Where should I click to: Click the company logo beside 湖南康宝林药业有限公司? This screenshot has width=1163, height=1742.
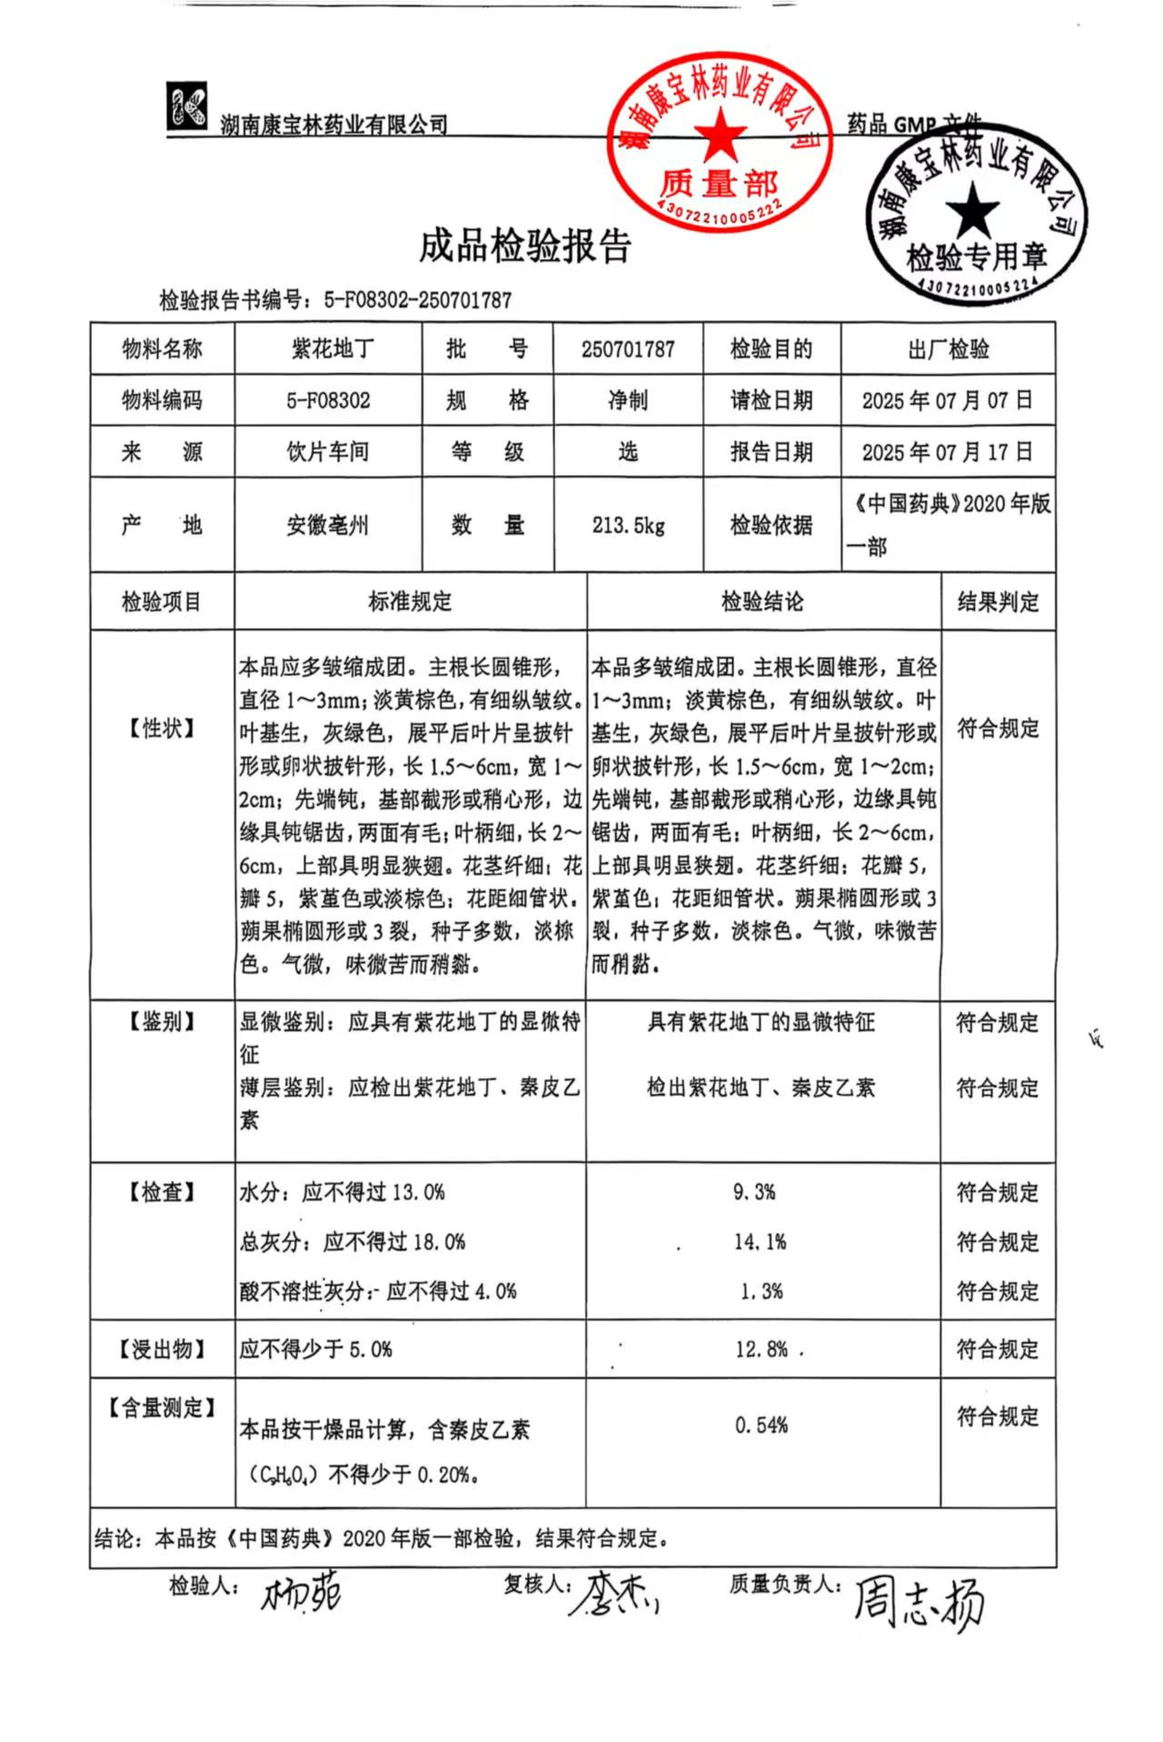[x=187, y=106]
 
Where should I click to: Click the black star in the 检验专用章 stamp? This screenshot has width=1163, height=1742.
[x=971, y=208]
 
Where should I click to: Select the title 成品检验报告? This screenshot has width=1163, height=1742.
[x=524, y=246]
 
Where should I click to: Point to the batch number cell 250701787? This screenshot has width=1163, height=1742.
[x=628, y=349]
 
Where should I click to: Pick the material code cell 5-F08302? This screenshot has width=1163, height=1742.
[x=328, y=401]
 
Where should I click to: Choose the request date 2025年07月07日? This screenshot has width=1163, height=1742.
[x=947, y=401]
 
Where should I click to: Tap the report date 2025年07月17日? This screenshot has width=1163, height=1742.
[x=947, y=452]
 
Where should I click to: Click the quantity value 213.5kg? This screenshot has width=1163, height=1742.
[x=628, y=525]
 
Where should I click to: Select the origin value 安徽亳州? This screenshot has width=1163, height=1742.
[x=328, y=525]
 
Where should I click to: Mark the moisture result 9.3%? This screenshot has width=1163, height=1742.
[x=754, y=1192]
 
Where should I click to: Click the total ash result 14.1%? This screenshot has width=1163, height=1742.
[x=760, y=1241]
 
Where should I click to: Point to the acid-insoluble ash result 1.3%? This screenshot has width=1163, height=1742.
[x=761, y=1291]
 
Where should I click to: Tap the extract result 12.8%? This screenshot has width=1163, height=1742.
[x=761, y=1349]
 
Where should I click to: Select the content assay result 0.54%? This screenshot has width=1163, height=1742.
[x=761, y=1425]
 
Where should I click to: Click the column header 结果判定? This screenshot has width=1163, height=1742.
[x=998, y=602]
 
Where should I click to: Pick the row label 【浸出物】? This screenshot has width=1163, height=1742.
[x=162, y=1349]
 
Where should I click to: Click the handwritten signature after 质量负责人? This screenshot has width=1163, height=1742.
[x=918, y=1602]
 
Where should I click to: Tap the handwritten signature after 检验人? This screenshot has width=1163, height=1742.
[x=301, y=1593]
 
